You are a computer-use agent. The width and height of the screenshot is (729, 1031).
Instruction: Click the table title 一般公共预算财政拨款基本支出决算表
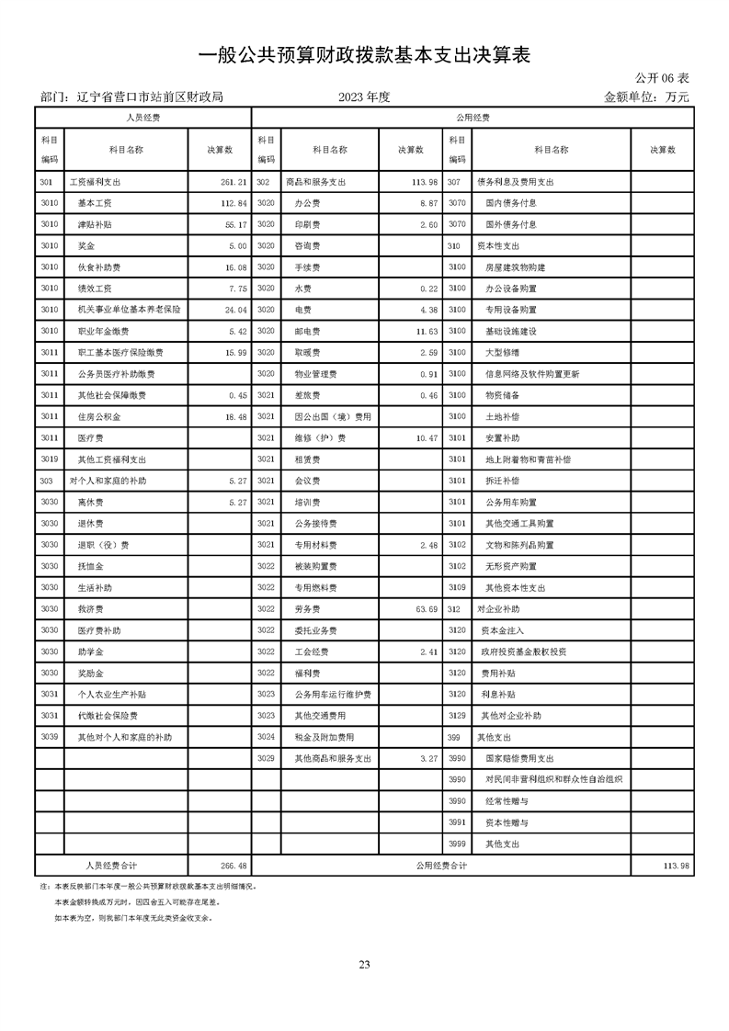365,56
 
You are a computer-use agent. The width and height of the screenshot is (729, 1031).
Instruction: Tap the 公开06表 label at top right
662,79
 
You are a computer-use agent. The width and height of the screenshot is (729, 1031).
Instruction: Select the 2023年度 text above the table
364,96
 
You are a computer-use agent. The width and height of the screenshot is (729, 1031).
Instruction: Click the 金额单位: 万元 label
645,96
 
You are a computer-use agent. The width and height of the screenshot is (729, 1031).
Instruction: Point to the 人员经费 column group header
142,119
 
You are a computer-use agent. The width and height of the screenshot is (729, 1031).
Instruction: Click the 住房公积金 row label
99,416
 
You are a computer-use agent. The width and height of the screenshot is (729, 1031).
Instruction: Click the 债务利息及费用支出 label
515,182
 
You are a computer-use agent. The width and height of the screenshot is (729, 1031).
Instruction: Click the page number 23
364,964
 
